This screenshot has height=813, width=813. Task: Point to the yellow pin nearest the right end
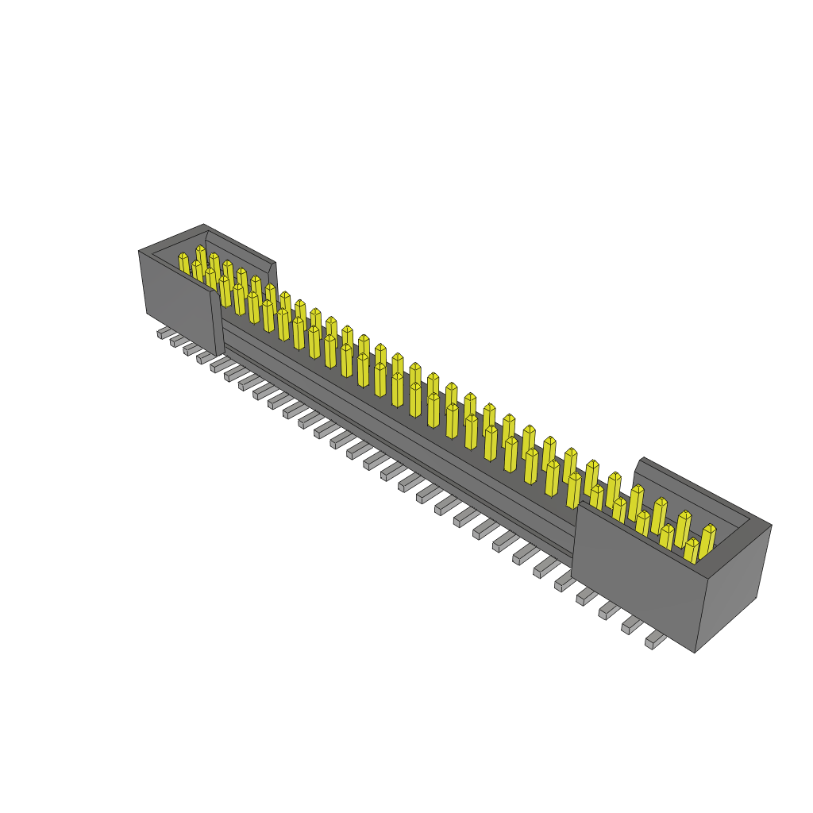[x=707, y=538]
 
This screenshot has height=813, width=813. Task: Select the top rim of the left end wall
[x=171, y=238]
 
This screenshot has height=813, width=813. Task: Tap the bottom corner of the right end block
[x=695, y=652]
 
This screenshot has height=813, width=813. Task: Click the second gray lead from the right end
[x=632, y=626]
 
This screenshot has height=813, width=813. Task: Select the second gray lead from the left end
[x=177, y=341]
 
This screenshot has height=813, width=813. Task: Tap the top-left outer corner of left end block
[x=139, y=252]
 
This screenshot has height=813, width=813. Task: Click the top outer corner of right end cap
[x=770, y=525]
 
